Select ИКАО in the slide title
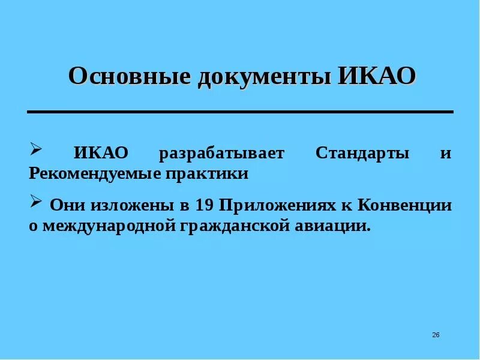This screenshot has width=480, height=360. click(x=377, y=77)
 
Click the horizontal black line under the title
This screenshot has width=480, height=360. click(x=240, y=112)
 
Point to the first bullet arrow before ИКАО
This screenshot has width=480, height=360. click(x=35, y=148)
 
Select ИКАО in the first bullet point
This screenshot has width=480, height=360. click(x=101, y=153)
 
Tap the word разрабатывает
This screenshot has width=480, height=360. click(x=221, y=153)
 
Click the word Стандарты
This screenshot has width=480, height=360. click(x=362, y=153)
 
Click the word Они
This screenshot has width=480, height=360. click(x=68, y=206)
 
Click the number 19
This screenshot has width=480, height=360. click(x=205, y=206)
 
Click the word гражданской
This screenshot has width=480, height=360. click(x=227, y=226)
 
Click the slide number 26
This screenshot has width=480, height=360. click(x=436, y=334)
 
